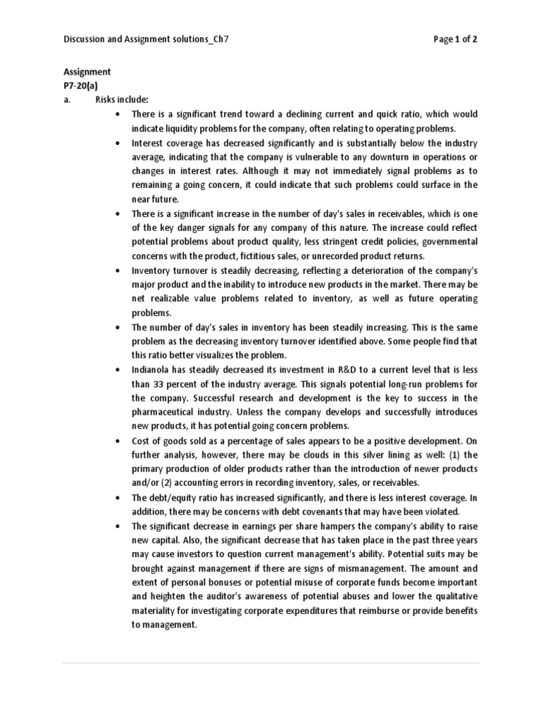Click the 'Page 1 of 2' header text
pyautogui.click(x=456, y=39)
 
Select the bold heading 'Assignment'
pyautogui.click(x=87, y=72)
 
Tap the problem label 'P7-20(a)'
pyautogui.click(x=81, y=86)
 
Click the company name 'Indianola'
pyautogui.click(x=152, y=370)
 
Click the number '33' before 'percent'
pyautogui.click(x=159, y=384)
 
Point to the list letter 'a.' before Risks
pyautogui.click(x=68, y=100)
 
